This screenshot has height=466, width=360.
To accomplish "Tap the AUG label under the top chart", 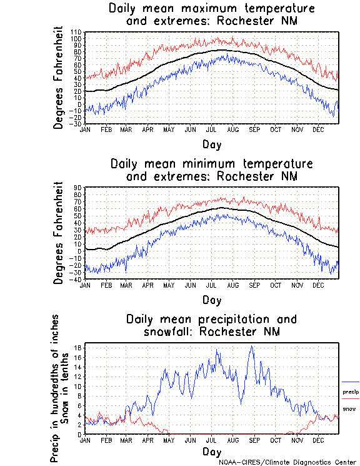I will coord(232,129).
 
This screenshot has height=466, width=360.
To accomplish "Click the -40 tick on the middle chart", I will coord(76,279).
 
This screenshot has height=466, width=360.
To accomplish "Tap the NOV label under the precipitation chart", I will coord(296,440).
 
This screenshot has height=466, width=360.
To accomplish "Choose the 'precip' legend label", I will coord(350,392).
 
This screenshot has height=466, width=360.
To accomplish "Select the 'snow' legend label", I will coord(349,409).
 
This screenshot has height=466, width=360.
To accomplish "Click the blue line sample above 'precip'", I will coord(350,382).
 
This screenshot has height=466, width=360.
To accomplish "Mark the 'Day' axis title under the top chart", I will coord(211,144).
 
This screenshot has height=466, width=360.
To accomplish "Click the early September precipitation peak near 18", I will coord(252,346).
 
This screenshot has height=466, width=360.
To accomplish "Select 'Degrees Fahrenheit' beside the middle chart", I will coord(59,233).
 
